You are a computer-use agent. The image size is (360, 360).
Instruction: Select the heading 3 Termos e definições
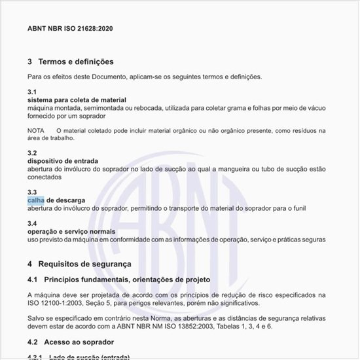click(71, 62)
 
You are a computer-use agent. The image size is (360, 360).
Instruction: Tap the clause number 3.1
click(32, 91)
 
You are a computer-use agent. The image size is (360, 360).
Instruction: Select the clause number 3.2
click(32, 153)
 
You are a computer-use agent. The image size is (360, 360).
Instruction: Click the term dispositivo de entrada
click(62, 160)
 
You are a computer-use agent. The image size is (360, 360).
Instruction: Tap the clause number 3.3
click(32, 192)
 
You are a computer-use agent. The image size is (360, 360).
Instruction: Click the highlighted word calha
click(36, 200)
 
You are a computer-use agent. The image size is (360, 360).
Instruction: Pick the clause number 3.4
click(32, 224)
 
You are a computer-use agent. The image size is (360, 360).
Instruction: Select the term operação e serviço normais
click(71, 232)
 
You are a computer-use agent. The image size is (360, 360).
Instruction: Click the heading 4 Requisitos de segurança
click(79, 264)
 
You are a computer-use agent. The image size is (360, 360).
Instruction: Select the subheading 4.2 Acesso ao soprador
click(71, 342)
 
